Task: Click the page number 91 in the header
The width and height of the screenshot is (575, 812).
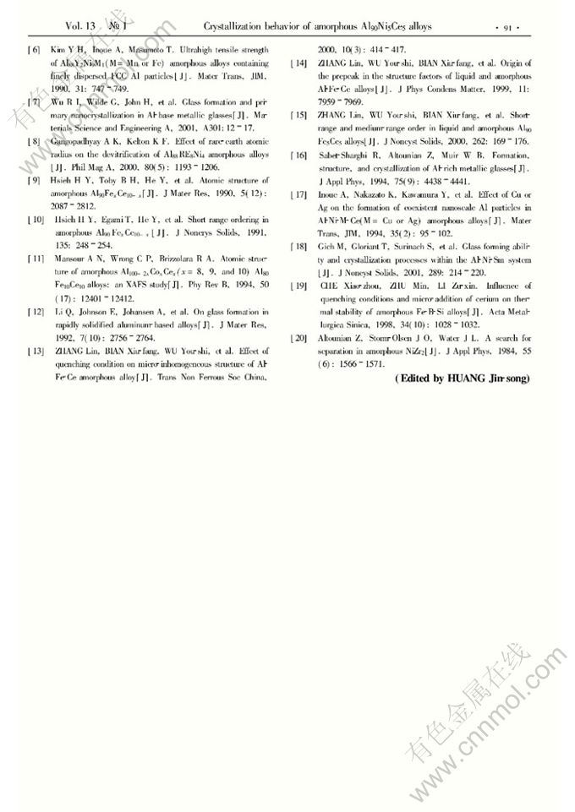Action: [x=509, y=27]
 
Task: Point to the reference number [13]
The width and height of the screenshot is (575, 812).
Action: [x=36, y=350]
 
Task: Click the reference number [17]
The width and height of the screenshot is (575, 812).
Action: [x=298, y=195]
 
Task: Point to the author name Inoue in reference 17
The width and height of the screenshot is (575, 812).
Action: [x=331, y=195]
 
